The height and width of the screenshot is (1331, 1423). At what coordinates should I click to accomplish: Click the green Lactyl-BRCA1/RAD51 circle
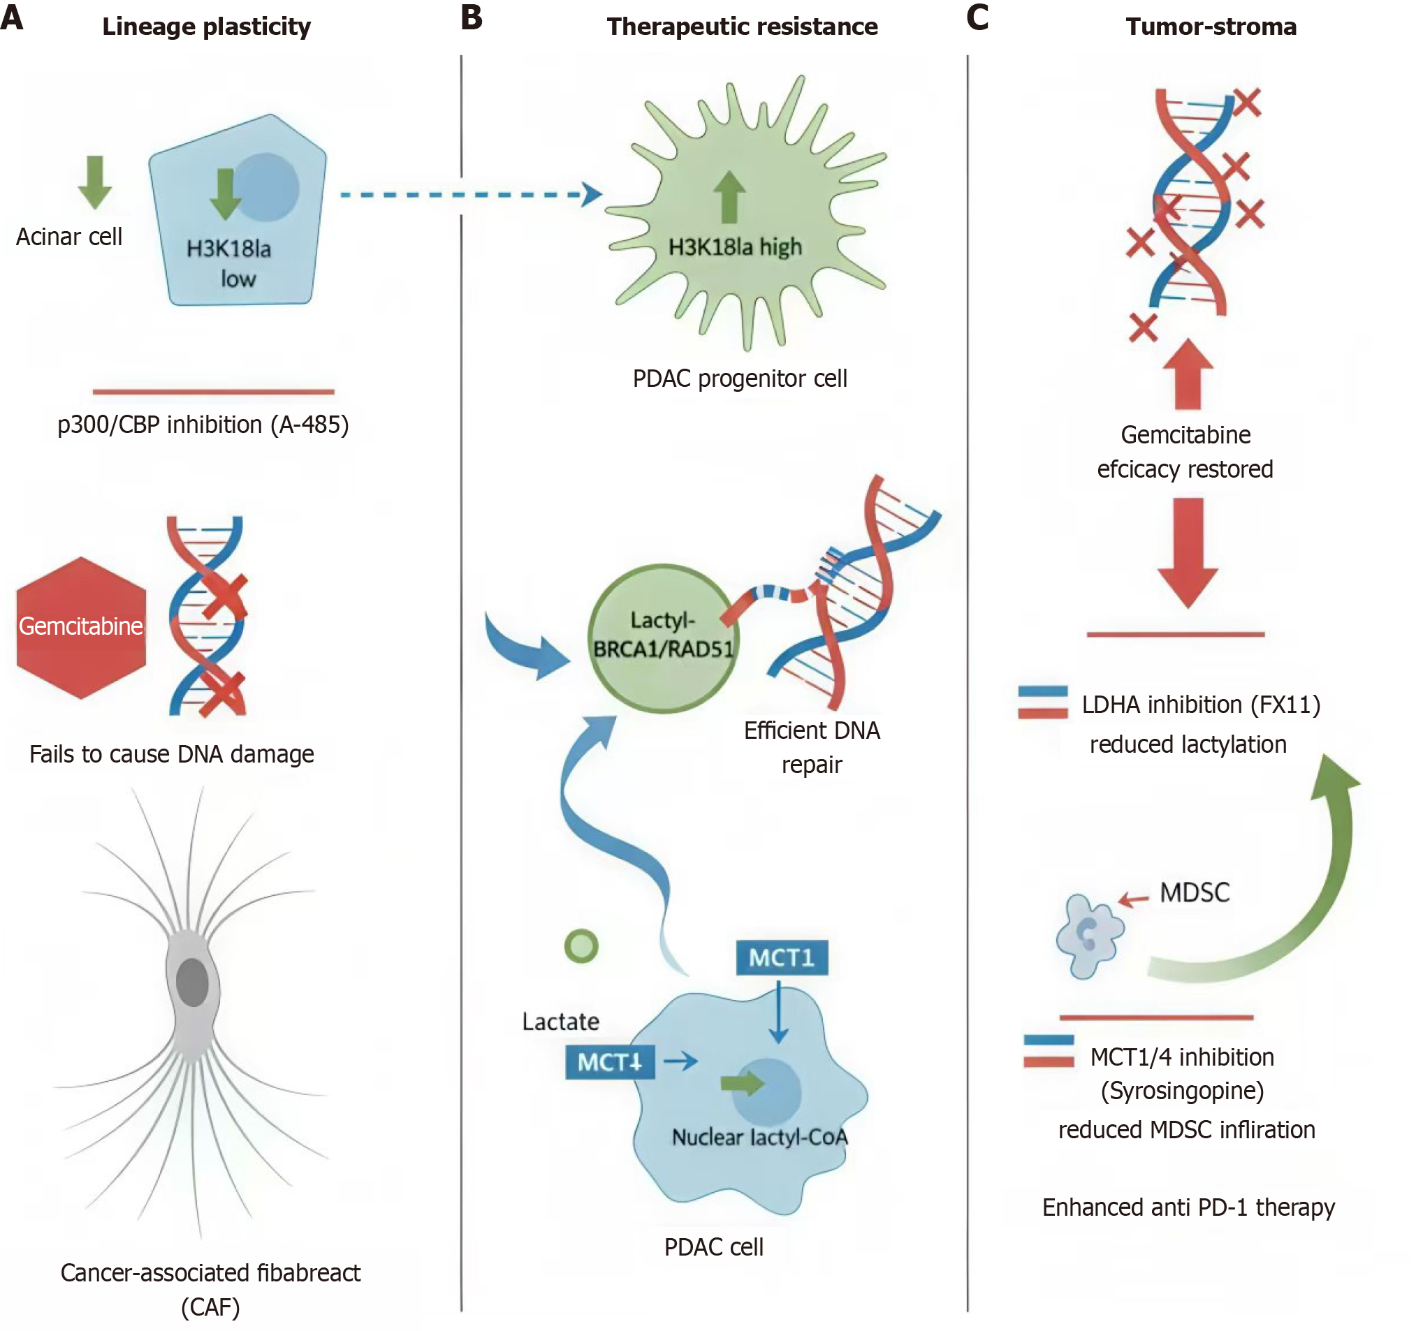click(663, 638)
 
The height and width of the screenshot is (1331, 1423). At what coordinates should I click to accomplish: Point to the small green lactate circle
click(581, 946)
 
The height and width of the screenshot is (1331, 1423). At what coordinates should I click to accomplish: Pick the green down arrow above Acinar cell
click(94, 182)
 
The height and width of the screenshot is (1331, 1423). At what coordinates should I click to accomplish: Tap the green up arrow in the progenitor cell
click(729, 196)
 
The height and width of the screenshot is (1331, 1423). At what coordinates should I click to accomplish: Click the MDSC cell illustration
click(1088, 934)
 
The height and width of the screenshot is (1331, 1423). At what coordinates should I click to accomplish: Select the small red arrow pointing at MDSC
click(1133, 899)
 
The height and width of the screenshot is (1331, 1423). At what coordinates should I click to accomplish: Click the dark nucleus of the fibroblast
click(192, 982)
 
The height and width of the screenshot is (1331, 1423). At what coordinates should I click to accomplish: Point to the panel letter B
click(472, 18)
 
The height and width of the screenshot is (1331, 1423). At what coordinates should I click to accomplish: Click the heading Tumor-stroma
click(1211, 27)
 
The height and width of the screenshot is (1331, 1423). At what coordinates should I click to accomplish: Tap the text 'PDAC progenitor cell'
click(739, 378)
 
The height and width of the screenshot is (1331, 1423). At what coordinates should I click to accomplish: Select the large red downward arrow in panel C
click(1188, 551)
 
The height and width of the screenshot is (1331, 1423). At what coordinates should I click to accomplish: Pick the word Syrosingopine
click(1182, 1091)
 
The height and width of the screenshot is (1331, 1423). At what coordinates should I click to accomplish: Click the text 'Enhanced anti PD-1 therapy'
click(1188, 1207)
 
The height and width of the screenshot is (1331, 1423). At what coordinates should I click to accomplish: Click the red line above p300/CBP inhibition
click(213, 392)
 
